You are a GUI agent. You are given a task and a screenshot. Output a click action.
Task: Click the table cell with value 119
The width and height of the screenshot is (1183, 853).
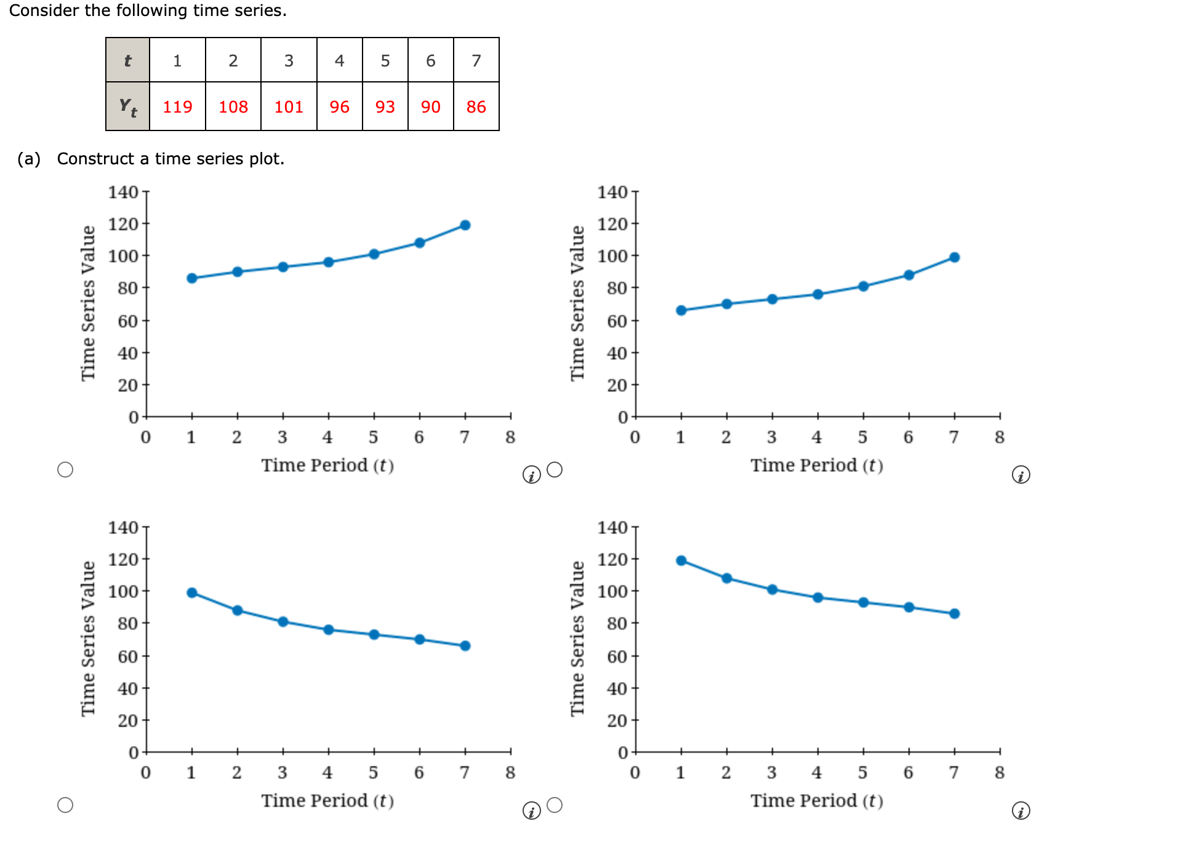[177, 106]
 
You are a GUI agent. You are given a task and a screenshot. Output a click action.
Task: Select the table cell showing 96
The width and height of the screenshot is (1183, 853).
[339, 106]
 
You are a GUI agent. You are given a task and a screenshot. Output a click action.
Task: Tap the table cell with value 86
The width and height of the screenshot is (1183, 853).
[476, 106]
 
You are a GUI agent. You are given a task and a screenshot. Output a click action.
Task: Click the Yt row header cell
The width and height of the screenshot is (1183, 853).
[127, 106]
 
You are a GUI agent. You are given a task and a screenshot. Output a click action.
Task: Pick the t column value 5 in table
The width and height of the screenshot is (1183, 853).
[385, 60]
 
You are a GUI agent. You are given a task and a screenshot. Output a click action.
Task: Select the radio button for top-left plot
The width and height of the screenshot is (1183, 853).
[65, 470]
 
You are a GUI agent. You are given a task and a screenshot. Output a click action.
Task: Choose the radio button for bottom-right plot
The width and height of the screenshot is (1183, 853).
[555, 805]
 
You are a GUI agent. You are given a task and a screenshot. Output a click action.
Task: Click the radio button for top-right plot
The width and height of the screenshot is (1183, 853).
[555, 470]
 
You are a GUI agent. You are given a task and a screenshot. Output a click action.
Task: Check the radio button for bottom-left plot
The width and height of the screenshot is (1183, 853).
[65, 805]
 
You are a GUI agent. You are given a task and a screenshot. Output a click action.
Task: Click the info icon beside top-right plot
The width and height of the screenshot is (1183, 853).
[1021, 475]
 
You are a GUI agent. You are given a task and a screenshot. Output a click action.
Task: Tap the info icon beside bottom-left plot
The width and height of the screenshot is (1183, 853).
[531, 811]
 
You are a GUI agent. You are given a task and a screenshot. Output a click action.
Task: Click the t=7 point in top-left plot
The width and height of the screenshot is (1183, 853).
[465, 225]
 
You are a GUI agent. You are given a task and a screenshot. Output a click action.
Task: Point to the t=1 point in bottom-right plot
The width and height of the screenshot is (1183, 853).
[681, 561]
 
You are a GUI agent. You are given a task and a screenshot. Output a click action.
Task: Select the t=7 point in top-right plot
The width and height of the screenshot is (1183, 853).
[955, 257]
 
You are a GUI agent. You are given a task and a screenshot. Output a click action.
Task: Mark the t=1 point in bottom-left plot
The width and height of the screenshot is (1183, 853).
[192, 593]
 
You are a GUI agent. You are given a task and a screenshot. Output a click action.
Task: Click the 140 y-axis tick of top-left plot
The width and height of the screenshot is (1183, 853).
[124, 192]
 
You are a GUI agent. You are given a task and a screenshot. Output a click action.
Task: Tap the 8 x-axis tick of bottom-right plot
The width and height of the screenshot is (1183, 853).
[1000, 772]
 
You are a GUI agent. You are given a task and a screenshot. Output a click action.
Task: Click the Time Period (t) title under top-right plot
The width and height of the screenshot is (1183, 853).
[816, 465]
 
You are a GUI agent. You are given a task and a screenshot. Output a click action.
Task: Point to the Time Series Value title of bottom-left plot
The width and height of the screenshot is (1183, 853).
[89, 638]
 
